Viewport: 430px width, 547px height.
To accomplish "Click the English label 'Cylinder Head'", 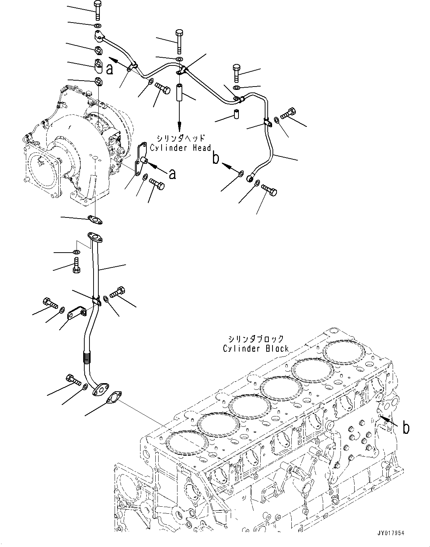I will (x=180, y=148).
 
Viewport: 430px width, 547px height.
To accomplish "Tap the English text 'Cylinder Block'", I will (x=255, y=348).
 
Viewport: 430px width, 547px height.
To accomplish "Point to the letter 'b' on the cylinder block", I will (x=406, y=428).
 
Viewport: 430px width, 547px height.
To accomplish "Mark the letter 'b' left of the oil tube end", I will (x=216, y=158).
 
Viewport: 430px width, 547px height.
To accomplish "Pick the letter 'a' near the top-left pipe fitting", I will (x=109, y=68).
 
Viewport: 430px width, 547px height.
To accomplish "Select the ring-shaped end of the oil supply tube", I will (x=251, y=179).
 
